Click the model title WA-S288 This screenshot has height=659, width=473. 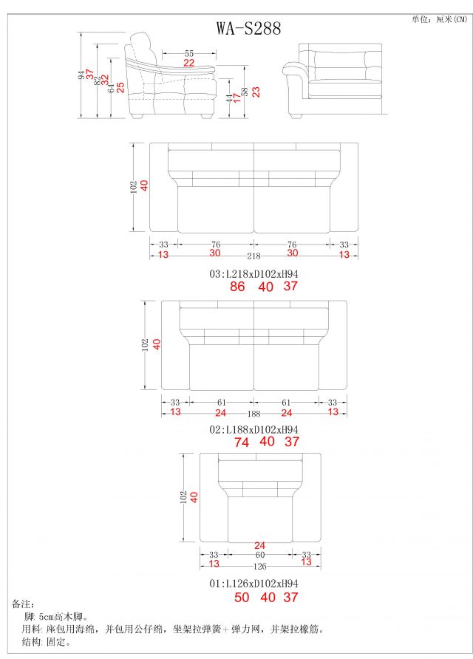click(x=248, y=28)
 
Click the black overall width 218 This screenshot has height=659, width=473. click(x=253, y=256)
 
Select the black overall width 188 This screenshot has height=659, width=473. click(x=253, y=414)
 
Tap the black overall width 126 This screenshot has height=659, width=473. click(x=259, y=567)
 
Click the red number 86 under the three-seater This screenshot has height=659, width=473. click(x=237, y=287)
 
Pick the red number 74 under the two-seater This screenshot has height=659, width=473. click(x=242, y=442)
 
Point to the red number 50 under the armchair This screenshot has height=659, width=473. click(x=242, y=597)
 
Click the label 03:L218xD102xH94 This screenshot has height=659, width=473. click(x=253, y=273)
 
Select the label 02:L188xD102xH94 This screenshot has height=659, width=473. click(x=253, y=428)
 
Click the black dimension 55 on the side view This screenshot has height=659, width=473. click(x=189, y=53)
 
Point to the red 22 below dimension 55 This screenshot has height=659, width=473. click(x=189, y=64)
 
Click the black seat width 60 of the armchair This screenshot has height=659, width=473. click(x=260, y=555)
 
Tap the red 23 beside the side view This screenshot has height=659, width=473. click(x=256, y=91)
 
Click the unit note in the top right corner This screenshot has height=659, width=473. click(x=439, y=20)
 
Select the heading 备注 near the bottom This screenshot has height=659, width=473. click(x=24, y=604)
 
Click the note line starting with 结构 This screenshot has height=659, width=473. click(x=46, y=642)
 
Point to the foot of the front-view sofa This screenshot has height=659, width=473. click(x=296, y=115)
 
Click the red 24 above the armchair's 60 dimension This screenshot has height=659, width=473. click(x=259, y=546)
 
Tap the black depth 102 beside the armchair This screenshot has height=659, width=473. click(x=183, y=497)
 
